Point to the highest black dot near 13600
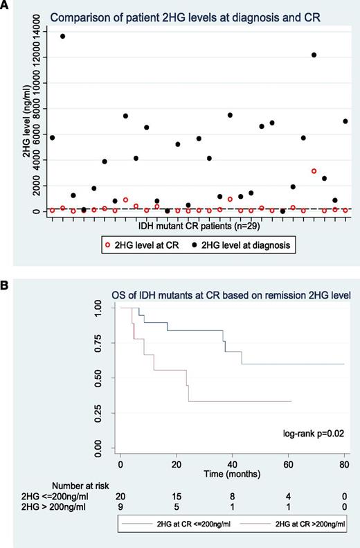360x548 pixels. (63, 36)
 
